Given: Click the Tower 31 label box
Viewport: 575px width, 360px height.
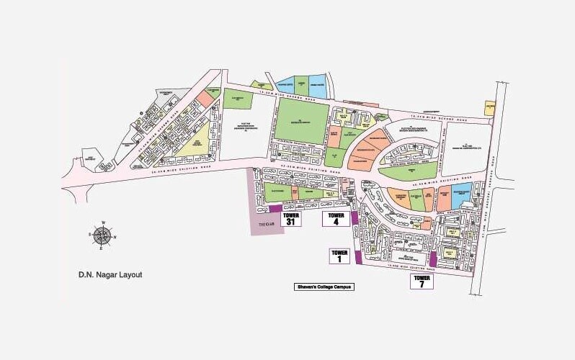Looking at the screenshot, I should tap(291, 219).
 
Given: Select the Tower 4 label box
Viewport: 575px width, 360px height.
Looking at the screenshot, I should tap(336, 219).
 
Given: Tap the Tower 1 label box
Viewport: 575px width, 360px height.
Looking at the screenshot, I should tap(340, 256).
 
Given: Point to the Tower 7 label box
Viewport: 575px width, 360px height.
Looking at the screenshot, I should tap(422, 281).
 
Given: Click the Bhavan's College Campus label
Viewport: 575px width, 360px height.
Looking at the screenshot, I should tap(324, 287).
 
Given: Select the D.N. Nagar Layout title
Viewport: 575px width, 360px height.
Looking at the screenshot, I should tap(111, 274).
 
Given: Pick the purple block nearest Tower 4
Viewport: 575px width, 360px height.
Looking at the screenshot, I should tap(354, 217).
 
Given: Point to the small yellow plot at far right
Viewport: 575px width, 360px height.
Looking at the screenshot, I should tap(490, 110).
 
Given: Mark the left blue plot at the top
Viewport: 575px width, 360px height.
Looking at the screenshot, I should tap(286, 86).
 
